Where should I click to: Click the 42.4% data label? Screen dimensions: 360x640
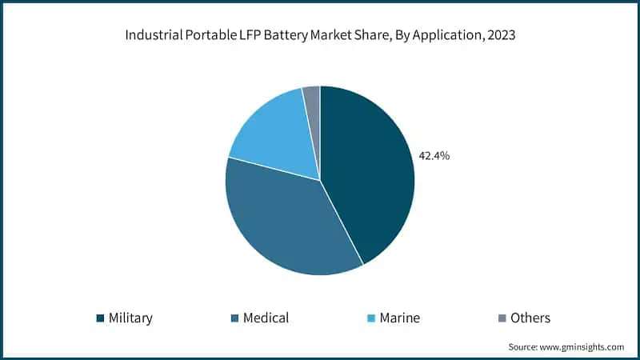pyautogui.click(x=434, y=156)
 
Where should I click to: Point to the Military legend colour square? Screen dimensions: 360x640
pyautogui.click(x=100, y=318)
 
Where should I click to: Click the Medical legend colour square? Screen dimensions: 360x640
pyautogui.click(x=234, y=318)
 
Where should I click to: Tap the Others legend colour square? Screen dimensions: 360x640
pyautogui.click(x=502, y=318)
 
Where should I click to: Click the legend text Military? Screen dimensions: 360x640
pyautogui.click(x=130, y=318)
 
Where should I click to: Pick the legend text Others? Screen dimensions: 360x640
pyautogui.click(x=531, y=318)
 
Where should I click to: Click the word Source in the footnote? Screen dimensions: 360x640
pyautogui.click(x=524, y=347)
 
